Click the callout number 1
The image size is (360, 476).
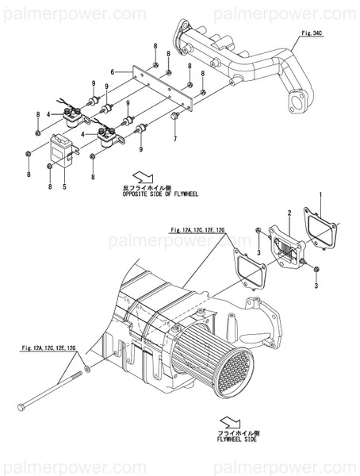point(320,194)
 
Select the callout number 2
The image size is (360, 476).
point(290,213)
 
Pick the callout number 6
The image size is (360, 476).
point(113,72)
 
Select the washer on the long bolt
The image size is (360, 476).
point(87,370)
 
